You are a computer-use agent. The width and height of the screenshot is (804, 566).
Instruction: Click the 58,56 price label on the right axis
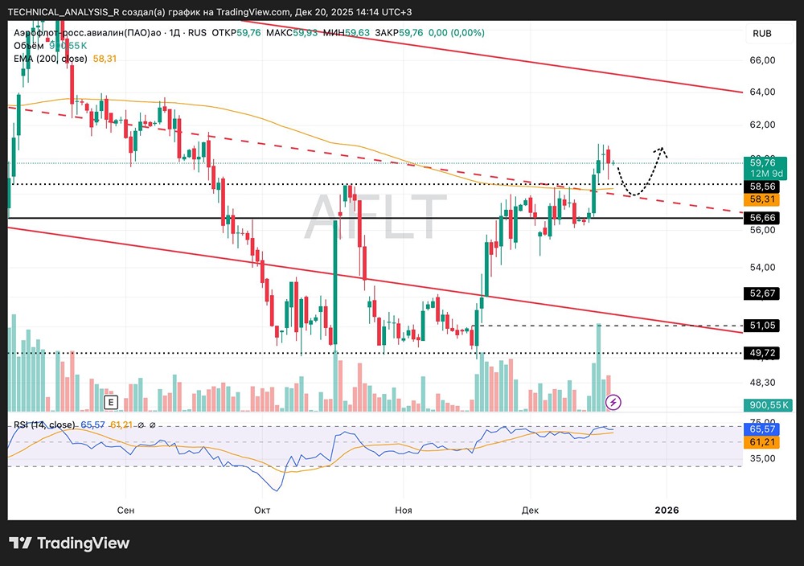pos(761,184)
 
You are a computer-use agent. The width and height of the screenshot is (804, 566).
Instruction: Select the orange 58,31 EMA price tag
pos(761,199)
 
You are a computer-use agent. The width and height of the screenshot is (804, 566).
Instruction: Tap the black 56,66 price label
pos(761,218)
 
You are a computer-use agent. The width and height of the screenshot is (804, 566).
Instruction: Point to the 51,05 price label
pos(761,325)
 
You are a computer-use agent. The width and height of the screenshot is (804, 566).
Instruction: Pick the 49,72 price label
pos(761,352)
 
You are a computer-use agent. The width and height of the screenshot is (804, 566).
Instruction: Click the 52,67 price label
pos(761,293)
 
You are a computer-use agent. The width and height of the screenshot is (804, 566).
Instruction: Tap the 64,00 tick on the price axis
pos(761,92)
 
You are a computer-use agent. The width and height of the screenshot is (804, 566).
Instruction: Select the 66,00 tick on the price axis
pos(761,60)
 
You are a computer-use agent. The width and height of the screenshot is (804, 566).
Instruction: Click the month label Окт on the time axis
pos(262,510)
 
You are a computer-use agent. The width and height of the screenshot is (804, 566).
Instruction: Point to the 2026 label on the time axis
pos(667,510)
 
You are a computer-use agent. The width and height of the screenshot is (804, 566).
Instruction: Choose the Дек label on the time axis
pos(530,510)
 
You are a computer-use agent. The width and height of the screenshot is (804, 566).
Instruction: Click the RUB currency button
pos(761,33)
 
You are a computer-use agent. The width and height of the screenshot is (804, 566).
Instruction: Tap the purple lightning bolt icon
pos(613,401)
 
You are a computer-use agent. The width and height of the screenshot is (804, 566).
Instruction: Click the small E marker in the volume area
pos(110,401)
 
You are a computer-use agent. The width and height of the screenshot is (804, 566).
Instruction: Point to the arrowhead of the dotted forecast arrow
pos(662,149)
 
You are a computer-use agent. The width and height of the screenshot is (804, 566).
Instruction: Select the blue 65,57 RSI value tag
pos(761,430)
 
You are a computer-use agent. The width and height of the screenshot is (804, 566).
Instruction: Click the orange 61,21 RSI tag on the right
pos(761,442)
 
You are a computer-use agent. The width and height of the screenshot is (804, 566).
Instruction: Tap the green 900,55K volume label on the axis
pos(764,405)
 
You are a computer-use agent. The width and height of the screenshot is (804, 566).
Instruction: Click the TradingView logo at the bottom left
pos(69,543)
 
